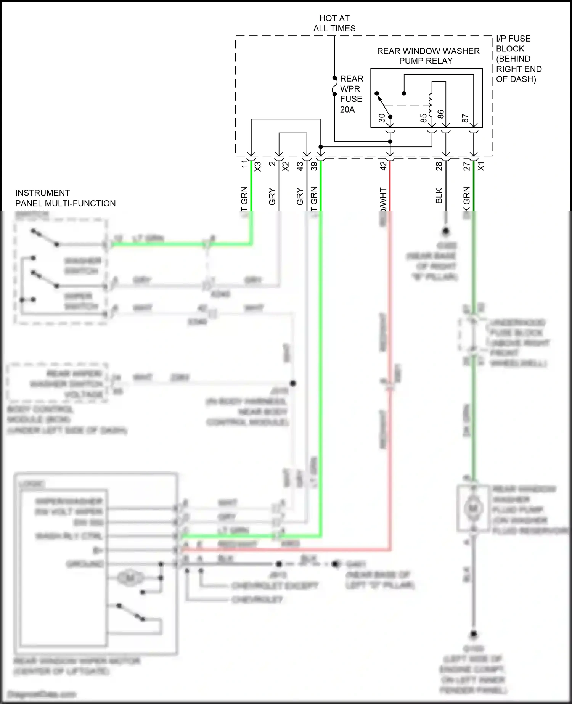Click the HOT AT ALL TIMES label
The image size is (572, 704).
(x=334, y=23)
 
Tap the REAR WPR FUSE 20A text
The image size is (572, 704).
(x=351, y=94)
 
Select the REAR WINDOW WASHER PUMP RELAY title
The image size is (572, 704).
(x=428, y=56)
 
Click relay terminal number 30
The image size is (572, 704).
(x=382, y=118)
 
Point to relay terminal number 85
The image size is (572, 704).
(x=423, y=118)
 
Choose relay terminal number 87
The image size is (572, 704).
(x=465, y=118)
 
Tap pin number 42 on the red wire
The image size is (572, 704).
(x=383, y=166)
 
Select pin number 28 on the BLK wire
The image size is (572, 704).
(x=439, y=166)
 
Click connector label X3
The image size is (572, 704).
(x=258, y=167)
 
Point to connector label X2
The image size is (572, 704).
(x=285, y=167)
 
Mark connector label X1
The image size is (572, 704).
(x=481, y=166)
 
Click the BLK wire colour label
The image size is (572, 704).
(x=439, y=195)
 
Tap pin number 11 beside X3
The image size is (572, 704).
(x=244, y=164)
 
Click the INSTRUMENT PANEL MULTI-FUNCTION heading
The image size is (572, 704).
(x=65, y=198)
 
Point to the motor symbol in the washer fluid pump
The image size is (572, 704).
(x=473, y=508)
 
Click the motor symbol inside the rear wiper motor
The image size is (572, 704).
(x=130, y=578)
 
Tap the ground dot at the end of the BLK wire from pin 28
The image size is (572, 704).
(x=445, y=231)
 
